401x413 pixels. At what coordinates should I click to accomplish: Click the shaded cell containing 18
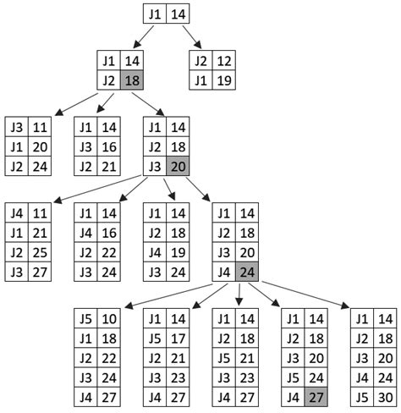(131, 80)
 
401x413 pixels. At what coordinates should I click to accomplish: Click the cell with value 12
(223, 62)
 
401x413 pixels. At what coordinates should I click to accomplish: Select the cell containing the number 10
(108, 320)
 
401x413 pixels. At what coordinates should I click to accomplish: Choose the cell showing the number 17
(177, 339)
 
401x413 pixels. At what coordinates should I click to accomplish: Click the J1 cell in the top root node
(153, 14)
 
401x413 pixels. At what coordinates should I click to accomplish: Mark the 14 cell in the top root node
(177, 14)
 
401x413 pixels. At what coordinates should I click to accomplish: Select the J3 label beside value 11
(16, 127)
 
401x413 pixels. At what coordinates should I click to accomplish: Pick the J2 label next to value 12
(200, 62)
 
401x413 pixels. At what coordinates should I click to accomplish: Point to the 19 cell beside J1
(223, 80)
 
